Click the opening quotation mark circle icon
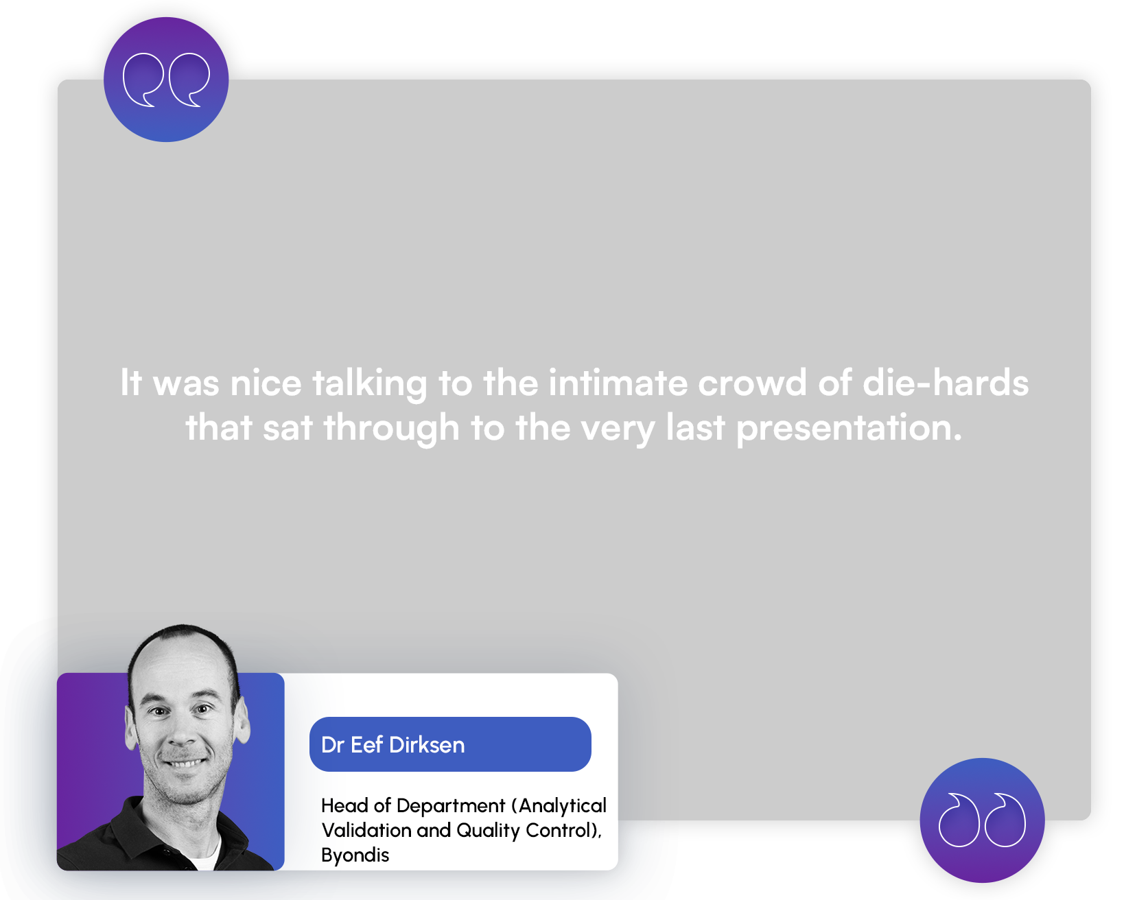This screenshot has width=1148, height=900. click(x=166, y=80)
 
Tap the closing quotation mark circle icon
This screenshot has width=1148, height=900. click(x=982, y=820)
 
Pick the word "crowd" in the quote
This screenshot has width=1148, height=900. click(x=752, y=383)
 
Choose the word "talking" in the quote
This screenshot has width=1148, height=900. click(x=370, y=383)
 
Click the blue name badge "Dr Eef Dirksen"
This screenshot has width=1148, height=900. click(x=450, y=744)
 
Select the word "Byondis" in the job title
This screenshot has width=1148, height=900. click(x=355, y=855)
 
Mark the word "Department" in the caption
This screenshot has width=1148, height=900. click(x=451, y=806)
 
